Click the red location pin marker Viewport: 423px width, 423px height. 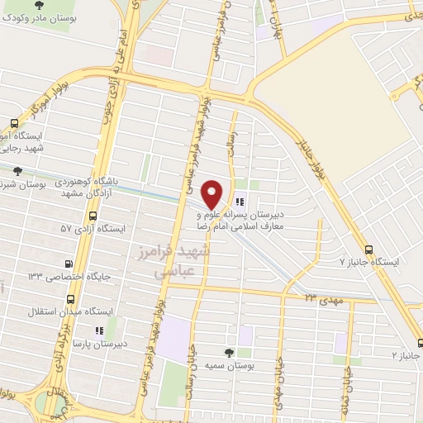tap(212, 193)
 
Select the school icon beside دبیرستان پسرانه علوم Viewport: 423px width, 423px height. tap(240, 201)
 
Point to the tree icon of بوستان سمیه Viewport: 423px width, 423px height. tap(229, 351)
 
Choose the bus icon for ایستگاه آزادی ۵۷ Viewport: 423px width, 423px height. tap(92, 216)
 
